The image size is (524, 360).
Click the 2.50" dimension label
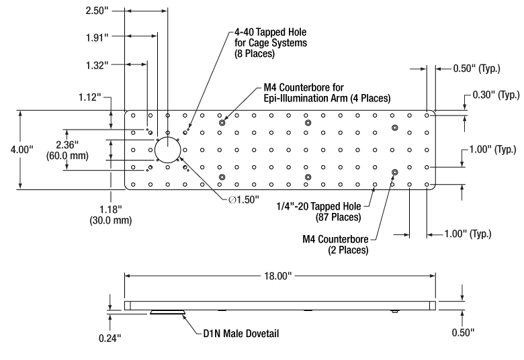[99, 11]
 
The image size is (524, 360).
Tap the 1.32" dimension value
[99, 64]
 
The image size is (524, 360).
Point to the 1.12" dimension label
[90, 98]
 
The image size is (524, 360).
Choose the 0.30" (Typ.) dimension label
[493, 96]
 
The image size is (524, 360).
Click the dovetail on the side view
[168, 312]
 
